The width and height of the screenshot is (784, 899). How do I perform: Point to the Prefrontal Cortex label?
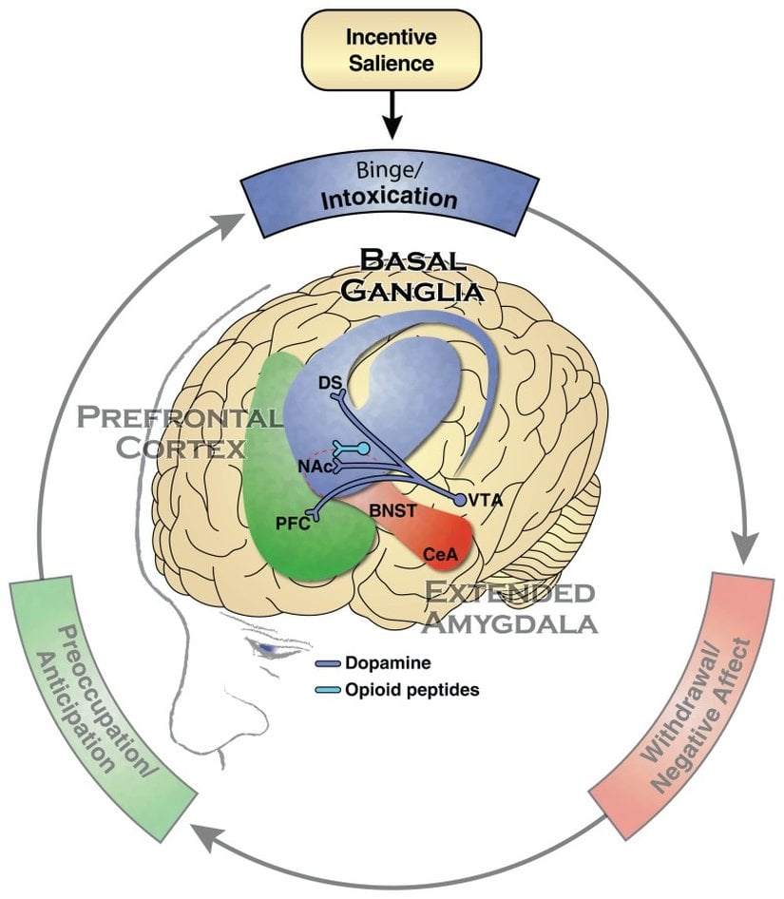click(x=181, y=431)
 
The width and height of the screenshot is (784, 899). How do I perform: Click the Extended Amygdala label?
click(x=511, y=607)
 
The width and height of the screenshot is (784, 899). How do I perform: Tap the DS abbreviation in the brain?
click(x=331, y=383)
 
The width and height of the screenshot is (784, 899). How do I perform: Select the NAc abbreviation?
click(x=316, y=468)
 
